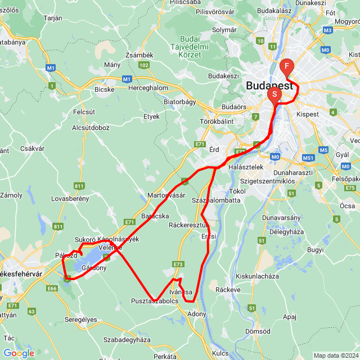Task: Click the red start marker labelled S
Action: coord(274,94)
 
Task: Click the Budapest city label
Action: coord(269,86)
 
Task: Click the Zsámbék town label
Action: coord(139,55)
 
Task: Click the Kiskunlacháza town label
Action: coord(258,276)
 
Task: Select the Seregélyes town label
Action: coord(82,319)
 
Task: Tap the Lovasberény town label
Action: coord(71,199)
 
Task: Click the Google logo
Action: coord(18,353)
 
